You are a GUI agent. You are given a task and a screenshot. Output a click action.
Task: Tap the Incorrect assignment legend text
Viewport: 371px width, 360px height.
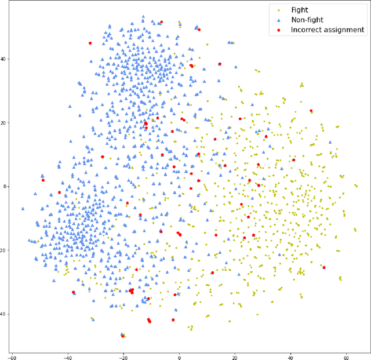coord(328,30)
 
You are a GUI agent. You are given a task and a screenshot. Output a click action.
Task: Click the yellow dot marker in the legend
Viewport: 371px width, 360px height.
coord(278,10)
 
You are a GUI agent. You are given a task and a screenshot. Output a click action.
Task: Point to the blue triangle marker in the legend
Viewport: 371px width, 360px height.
coord(278,20)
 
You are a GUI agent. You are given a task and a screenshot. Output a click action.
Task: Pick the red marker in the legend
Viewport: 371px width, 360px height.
coord(278,30)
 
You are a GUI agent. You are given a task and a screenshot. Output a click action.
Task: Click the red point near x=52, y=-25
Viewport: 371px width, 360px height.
coord(324,267)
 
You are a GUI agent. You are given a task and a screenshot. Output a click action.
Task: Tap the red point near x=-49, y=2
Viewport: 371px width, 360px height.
coord(43,180)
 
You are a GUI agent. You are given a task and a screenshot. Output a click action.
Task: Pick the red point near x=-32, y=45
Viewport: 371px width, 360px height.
coord(90,43)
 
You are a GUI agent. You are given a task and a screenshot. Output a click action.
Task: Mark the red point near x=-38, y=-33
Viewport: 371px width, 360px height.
coord(73,292)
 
